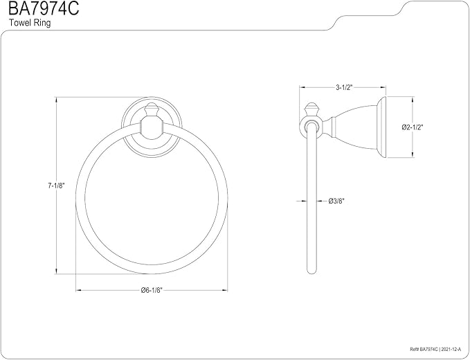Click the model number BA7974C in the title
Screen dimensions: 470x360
tap(44, 9)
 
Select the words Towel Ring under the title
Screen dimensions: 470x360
tap(30, 23)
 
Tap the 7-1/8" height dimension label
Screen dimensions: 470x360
tap(56, 186)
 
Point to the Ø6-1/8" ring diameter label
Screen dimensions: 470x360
tap(152, 290)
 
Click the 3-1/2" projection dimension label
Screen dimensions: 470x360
tap(343, 87)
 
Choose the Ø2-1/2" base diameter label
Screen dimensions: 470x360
tap(412, 127)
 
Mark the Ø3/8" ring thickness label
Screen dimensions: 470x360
tap(336, 201)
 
